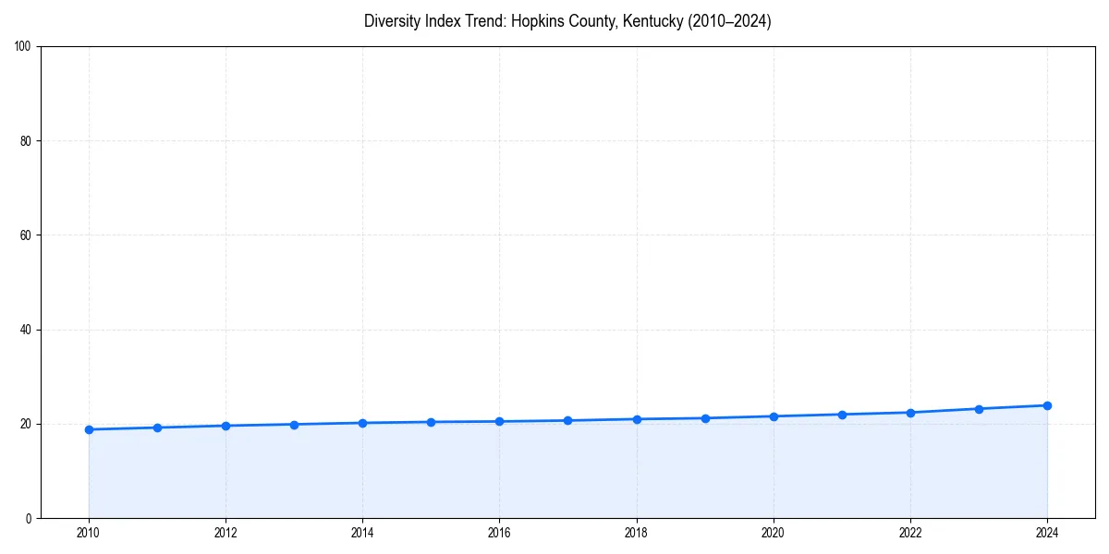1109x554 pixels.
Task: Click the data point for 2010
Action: coord(89,429)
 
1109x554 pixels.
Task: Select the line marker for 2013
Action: coord(294,425)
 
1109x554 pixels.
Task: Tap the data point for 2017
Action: coord(567,421)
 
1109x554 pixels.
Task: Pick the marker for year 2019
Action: coord(705,418)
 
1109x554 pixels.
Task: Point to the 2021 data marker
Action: coord(842,415)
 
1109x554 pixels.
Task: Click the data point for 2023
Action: coord(979,409)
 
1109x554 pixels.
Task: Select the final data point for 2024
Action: coord(1047,405)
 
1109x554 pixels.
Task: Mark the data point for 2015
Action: coord(431,422)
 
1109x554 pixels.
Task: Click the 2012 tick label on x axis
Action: coord(225,533)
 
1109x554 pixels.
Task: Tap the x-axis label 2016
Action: coord(499,533)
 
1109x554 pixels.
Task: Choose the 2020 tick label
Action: coord(774,533)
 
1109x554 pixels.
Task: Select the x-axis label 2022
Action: coord(910,533)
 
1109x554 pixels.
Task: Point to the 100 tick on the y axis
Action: coord(24,47)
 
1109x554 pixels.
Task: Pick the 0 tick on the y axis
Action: coord(30,518)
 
